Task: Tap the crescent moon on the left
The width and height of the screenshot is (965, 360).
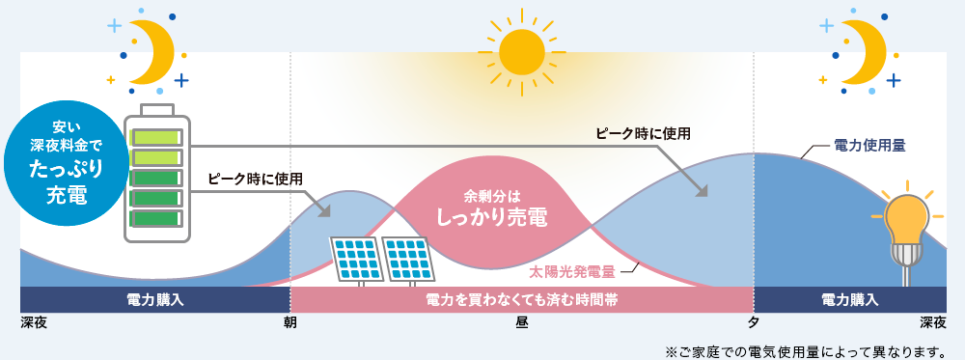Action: coord(152,48)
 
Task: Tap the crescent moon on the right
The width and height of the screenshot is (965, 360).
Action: coord(866,48)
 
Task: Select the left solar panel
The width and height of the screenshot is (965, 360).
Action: coord(356,256)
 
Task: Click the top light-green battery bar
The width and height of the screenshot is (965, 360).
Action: coord(156,136)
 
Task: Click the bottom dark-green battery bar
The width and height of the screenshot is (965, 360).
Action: coord(156,219)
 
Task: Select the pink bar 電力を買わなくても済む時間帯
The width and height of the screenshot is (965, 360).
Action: coord(521,300)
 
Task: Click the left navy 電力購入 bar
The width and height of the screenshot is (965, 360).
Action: coord(154,300)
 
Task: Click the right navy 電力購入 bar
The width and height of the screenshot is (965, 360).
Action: coord(849,300)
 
